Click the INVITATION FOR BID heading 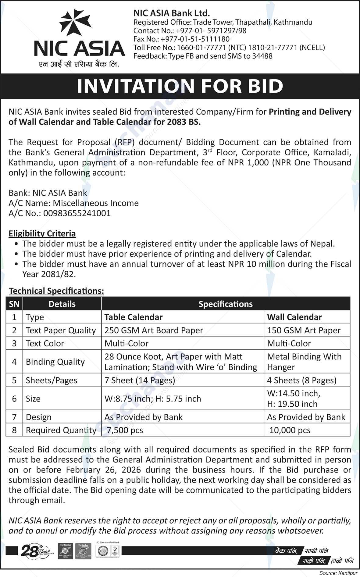pyautogui.click(x=180, y=86)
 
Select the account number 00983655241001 pyautogui.click(x=77, y=213)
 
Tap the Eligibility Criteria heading pyautogui.click(x=42, y=234)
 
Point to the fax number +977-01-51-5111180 pyautogui.click(x=195, y=39)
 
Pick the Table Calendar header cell pyautogui.click(x=134, y=317)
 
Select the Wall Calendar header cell pyautogui.click(x=294, y=317)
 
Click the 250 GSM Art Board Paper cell pyautogui.click(x=154, y=330)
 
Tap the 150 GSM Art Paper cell pyautogui.click(x=304, y=330)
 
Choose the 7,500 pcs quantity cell pyautogui.click(x=125, y=430)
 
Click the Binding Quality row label pyautogui.click(x=55, y=362)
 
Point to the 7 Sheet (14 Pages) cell pyautogui.click(x=140, y=380)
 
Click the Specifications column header pyautogui.click(x=226, y=304)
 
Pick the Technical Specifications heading pyautogui.click(x=56, y=291)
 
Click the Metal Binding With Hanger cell pyautogui.click(x=304, y=362)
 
